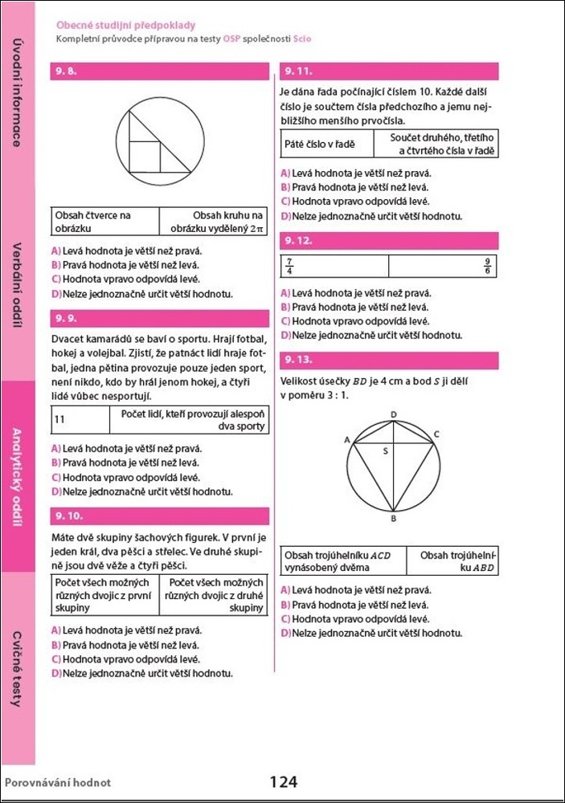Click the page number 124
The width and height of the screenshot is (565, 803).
[x=283, y=781]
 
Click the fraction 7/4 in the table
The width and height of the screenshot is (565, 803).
[x=289, y=266]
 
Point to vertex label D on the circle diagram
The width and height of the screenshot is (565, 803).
[x=393, y=414]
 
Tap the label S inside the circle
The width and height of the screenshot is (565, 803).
[x=385, y=451]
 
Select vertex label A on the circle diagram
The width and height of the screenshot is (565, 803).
[x=347, y=440]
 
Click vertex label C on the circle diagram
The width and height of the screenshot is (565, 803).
[x=436, y=434]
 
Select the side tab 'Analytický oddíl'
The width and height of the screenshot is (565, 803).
[x=17, y=477]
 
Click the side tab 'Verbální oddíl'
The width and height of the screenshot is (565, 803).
[x=17, y=285]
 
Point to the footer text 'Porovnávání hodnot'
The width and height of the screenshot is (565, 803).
[x=58, y=782]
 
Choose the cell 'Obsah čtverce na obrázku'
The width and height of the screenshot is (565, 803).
[x=93, y=222]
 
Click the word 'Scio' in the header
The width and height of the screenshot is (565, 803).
[x=301, y=39]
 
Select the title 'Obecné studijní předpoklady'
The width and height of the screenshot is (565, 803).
[x=125, y=26]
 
